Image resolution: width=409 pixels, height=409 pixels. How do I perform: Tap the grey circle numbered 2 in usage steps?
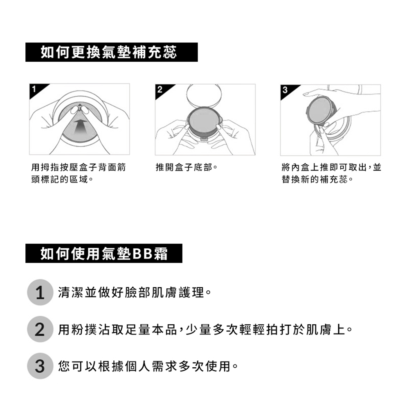40,329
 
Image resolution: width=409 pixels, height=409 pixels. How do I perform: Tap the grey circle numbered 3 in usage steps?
40,366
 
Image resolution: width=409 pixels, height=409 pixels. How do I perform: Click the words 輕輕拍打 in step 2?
258,329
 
